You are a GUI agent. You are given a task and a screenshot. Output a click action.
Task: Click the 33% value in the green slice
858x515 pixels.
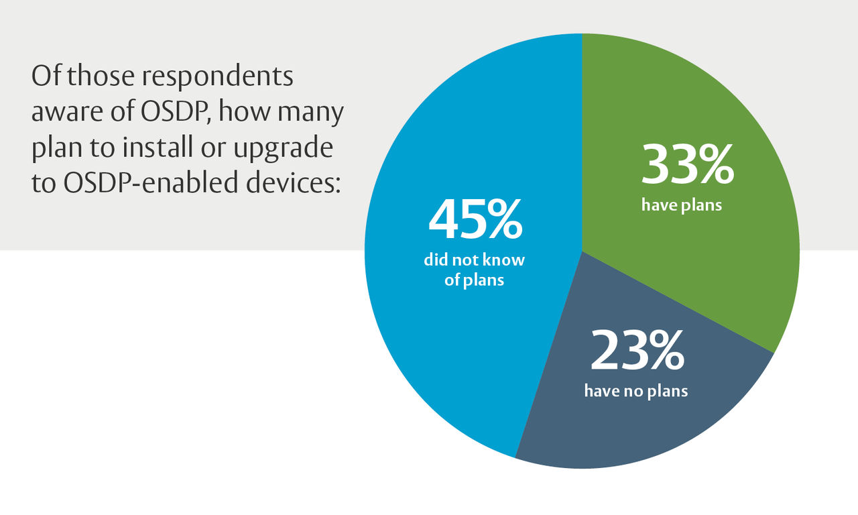tap(688, 166)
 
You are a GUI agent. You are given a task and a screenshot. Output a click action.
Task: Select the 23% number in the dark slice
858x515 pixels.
tap(636, 352)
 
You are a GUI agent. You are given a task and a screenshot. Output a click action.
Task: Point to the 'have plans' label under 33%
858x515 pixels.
tap(682, 205)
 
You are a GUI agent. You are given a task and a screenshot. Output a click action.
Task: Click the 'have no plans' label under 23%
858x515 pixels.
tap(635, 391)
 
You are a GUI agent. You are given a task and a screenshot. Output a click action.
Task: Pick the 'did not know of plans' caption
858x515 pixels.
tap(474, 270)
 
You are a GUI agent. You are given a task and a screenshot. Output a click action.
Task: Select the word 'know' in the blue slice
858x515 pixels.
tap(506, 260)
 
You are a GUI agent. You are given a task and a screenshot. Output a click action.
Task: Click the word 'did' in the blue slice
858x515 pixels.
tap(436, 260)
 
